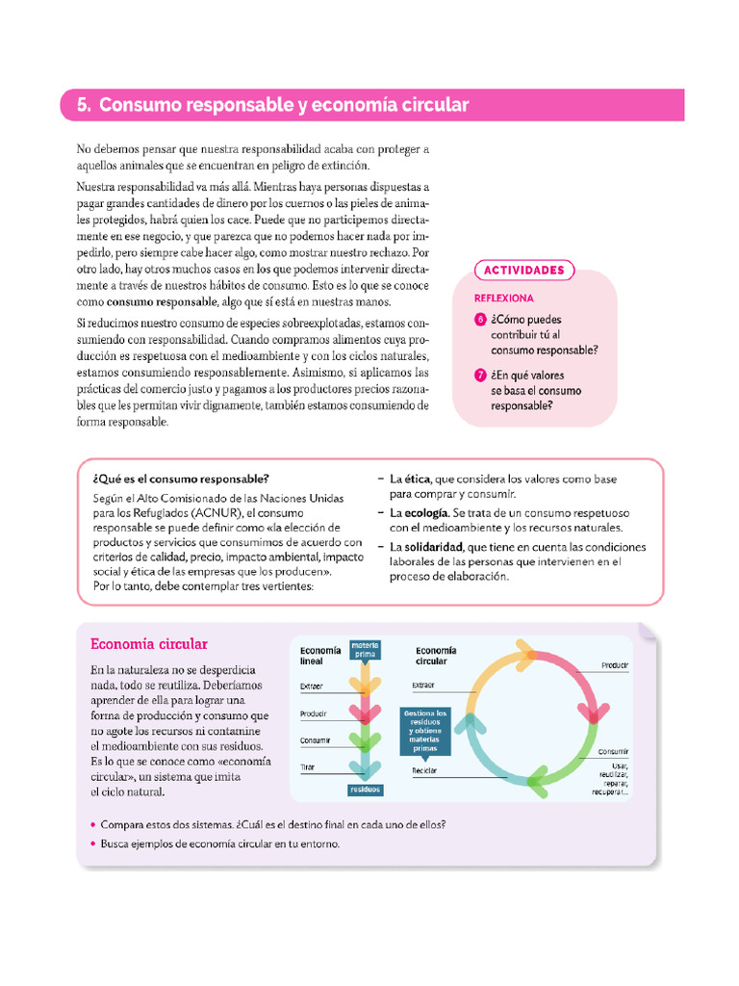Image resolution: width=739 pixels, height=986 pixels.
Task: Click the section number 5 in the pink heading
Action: tap(83, 105)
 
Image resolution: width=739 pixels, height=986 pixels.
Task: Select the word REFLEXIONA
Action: tap(504, 298)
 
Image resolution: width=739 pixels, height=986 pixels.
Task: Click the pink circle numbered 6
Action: tap(480, 320)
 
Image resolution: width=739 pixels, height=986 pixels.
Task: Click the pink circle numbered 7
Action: tap(480, 376)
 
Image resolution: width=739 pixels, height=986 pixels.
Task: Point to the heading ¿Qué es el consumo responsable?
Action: tap(181, 479)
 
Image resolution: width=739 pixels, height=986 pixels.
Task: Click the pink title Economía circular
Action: tap(148, 643)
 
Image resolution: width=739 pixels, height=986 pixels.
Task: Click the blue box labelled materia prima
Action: tap(366, 649)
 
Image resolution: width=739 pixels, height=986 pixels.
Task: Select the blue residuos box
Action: tap(366, 789)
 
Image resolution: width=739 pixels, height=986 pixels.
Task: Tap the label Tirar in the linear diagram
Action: tap(308, 766)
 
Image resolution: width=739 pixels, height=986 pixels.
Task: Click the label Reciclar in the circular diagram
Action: tap(425, 771)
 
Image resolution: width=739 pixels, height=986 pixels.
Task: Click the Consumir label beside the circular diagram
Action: tap(613, 751)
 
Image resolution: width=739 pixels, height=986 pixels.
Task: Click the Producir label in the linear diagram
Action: tap(314, 714)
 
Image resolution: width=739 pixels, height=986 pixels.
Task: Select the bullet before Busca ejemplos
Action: tap(91, 844)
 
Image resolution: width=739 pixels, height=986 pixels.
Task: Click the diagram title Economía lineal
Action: tap(320, 656)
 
